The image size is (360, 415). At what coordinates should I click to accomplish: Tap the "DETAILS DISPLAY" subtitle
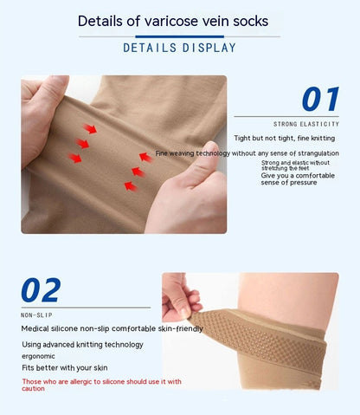click(x=179, y=47)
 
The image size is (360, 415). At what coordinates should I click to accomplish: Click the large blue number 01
click(x=319, y=99)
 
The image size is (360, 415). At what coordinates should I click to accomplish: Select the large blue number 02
click(x=41, y=291)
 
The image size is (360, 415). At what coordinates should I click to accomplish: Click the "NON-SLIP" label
click(x=35, y=315)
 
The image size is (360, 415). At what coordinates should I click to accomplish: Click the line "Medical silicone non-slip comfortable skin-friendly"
click(x=112, y=328)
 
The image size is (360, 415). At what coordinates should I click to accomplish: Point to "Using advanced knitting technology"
click(x=82, y=344)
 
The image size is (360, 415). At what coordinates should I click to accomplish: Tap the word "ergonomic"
click(x=39, y=355)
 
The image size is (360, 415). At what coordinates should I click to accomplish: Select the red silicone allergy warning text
click(x=101, y=384)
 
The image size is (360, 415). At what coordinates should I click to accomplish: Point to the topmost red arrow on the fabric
click(x=90, y=129)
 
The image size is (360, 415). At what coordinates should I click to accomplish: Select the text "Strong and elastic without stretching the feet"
click(x=296, y=165)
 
